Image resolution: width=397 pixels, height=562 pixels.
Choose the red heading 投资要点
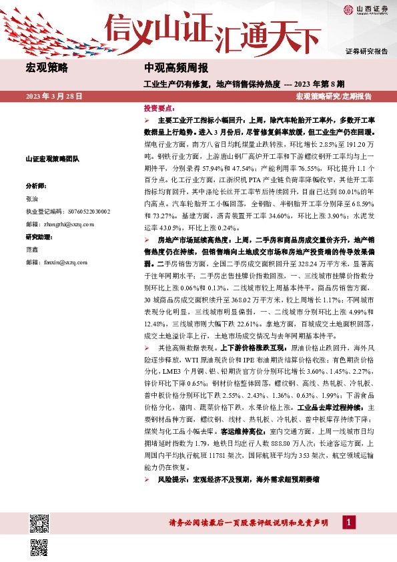point(159,107)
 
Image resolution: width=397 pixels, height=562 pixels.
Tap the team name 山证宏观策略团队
point(52,159)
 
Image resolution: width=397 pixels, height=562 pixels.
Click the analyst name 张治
point(33,198)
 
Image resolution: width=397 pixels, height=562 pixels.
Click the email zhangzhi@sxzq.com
point(66,224)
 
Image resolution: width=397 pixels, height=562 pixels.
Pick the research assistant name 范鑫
point(33,250)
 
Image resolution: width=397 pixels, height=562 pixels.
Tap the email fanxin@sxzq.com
point(63,262)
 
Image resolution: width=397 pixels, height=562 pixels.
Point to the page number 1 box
point(348,523)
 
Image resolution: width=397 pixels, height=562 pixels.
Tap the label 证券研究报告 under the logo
point(366,51)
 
